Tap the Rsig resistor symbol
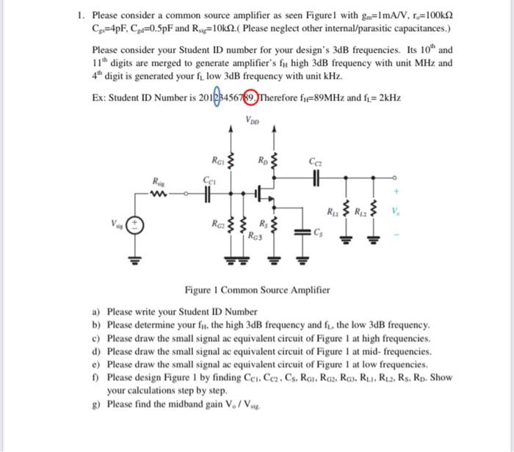[x=159, y=194]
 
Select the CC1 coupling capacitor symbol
[x=209, y=194]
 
